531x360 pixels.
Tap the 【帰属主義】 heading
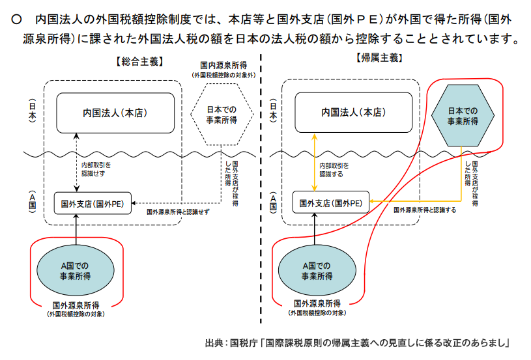tap(379, 58)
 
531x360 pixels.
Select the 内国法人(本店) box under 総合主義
tap(115, 113)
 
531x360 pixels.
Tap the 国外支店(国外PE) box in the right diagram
tap(331, 203)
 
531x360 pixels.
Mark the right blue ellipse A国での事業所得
tap(317, 269)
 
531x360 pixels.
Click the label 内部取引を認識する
tap(338, 169)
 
